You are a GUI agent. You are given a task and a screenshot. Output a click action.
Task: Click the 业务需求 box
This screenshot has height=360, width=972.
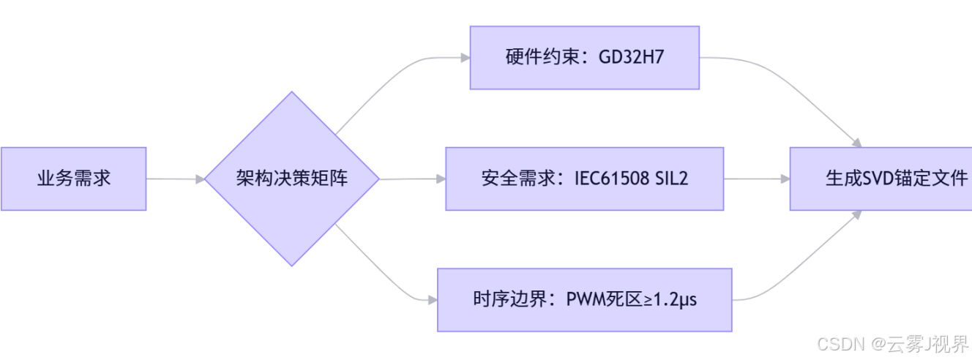[x=73, y=179]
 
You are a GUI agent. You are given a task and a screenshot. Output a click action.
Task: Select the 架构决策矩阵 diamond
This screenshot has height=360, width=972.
[x=291, y=179]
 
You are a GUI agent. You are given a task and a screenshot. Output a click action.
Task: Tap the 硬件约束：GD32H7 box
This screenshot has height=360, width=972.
[x=584, y=58]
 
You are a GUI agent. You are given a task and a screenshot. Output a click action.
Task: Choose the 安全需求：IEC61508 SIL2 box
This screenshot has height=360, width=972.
[x=584, y=179]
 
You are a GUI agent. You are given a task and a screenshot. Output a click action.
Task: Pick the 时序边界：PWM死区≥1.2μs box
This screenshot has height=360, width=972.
[x=584, y=300]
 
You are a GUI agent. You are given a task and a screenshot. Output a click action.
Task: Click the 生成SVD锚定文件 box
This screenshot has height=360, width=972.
[x=881, y=179]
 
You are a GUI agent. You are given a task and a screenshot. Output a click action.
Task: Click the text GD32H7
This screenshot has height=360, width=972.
[x=631, y=58]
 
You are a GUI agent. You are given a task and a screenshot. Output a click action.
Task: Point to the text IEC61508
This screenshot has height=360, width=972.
[x=612, y=179]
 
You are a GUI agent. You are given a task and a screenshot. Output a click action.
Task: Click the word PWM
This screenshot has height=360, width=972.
[x=583, y=300]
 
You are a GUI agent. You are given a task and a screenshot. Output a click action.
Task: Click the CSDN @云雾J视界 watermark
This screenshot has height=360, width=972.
[x=893, y=344]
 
